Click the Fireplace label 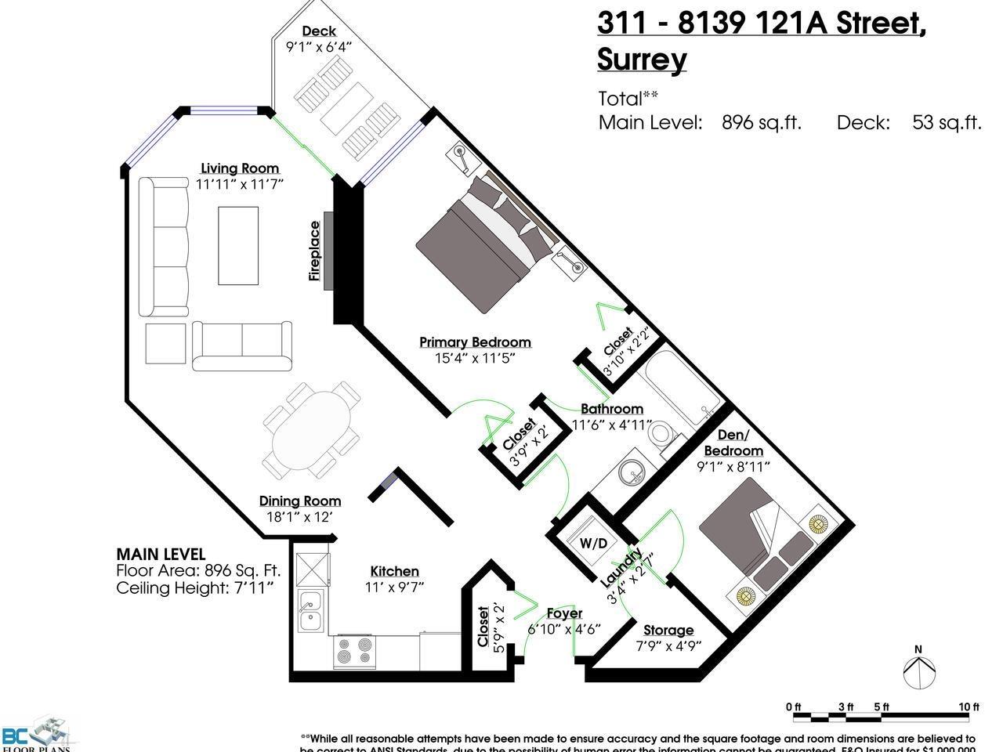point(315,251)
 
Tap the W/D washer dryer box point(593,543)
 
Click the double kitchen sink point(312,610)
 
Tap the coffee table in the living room point(238,245)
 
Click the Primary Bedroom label point(475,342)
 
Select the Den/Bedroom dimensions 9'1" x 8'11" point(733,467)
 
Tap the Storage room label point(668,630)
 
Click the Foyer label point(564,613)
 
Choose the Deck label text point(319,31)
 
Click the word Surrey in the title point(642,60)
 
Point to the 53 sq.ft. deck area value point(947,122)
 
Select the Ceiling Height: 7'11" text point(195,587)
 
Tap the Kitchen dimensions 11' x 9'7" point(395,587)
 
